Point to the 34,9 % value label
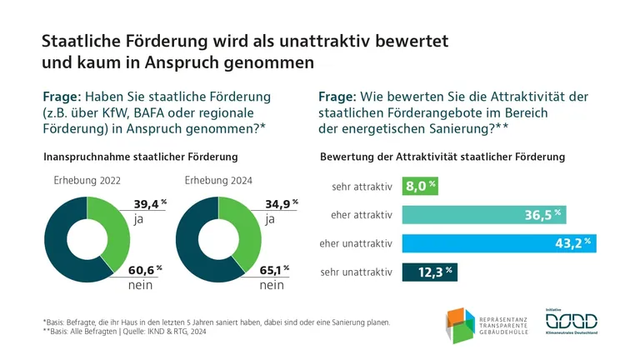(x=281, y=204)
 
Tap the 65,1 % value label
(x=281, y=269)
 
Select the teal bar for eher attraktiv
(x=485, y=214)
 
